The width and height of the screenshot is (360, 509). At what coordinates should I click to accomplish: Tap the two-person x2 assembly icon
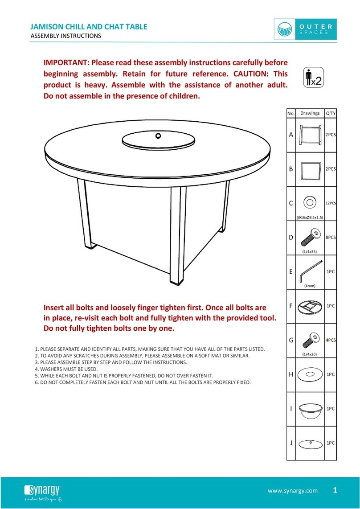click(312, 77)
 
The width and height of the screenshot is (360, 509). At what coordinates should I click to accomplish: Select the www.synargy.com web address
click(293, 491)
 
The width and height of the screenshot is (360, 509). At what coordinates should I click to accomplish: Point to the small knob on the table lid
click(158, 135)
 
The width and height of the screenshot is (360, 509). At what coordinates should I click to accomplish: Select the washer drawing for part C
click(309, 202)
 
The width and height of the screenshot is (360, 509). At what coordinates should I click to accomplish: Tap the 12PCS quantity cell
click(330, 203)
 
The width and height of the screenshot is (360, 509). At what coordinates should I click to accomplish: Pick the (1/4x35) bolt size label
click(309, 251)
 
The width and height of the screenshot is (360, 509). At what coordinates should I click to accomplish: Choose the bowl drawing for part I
click(309, 409)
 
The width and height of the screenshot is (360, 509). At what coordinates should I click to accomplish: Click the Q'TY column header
click(330, 113)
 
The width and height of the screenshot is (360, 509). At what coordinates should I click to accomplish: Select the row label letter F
click(290, 307)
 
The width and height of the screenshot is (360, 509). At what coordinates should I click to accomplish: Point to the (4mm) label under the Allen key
click(310, 286)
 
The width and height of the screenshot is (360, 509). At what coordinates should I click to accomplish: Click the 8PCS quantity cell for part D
click(330, 238)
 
